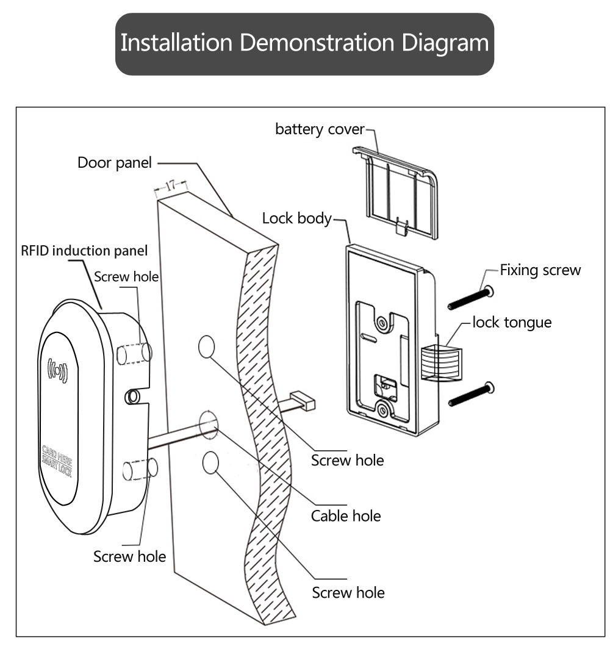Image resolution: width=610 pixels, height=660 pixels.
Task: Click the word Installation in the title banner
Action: (176, 43)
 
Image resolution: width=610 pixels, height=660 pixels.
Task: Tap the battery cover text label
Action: (319, 129)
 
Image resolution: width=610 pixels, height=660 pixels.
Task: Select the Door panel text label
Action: (114, 163)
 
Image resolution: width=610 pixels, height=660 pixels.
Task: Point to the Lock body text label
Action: (296, 218)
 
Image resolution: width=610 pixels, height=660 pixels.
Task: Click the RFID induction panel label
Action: (84, 251)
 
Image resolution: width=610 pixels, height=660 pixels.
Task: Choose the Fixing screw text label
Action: (540, 270)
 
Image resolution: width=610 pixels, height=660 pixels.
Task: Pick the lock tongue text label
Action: (512, 322)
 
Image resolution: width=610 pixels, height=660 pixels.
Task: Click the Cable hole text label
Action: (345, 516)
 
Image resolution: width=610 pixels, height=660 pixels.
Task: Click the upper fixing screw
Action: (470, 298)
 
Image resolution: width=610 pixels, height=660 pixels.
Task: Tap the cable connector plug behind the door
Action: (303, 401)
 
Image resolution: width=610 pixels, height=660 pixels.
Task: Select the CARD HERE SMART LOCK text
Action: (56, 462)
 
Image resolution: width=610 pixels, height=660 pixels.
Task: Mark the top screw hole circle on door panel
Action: (207, 346)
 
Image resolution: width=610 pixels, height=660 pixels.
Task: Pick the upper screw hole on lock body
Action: (382, 321)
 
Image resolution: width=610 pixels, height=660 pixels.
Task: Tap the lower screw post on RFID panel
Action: (141, 469)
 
